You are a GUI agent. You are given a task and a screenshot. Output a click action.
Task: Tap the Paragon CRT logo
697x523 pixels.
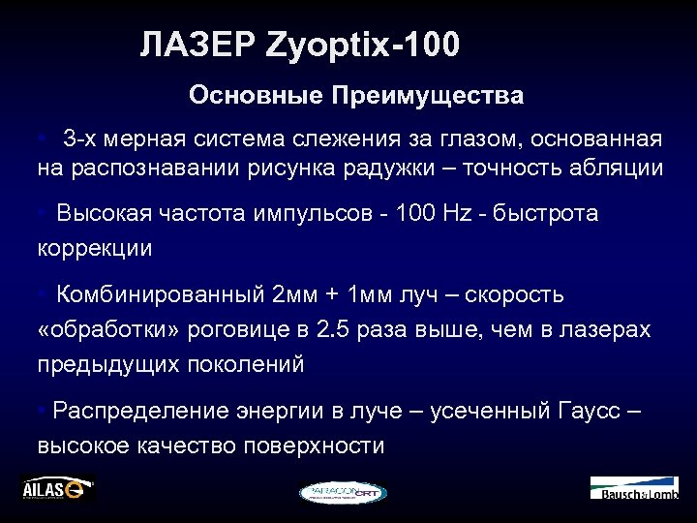(x=343, y=492)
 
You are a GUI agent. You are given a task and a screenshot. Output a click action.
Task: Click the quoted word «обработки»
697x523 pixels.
(x=103, y=329)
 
